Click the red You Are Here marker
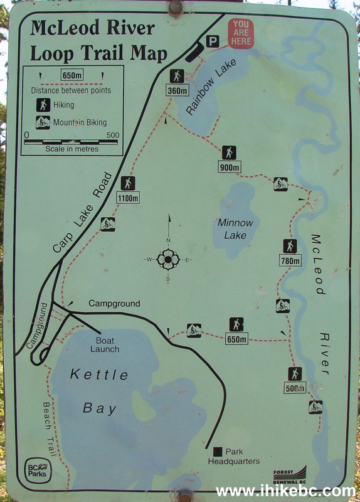(241, 33)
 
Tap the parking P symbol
(213, 41)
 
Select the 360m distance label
(178, 90)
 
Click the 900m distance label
(230, 168)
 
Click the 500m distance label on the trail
(295, 388)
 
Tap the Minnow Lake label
(236, 229)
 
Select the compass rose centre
(168, 259)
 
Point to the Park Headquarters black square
(218, 451)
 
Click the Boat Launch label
(104, 344)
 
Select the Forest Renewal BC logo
(290, 473)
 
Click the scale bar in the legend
(70, 142)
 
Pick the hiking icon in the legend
(43, 105)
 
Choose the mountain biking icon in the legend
(43, 122)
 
